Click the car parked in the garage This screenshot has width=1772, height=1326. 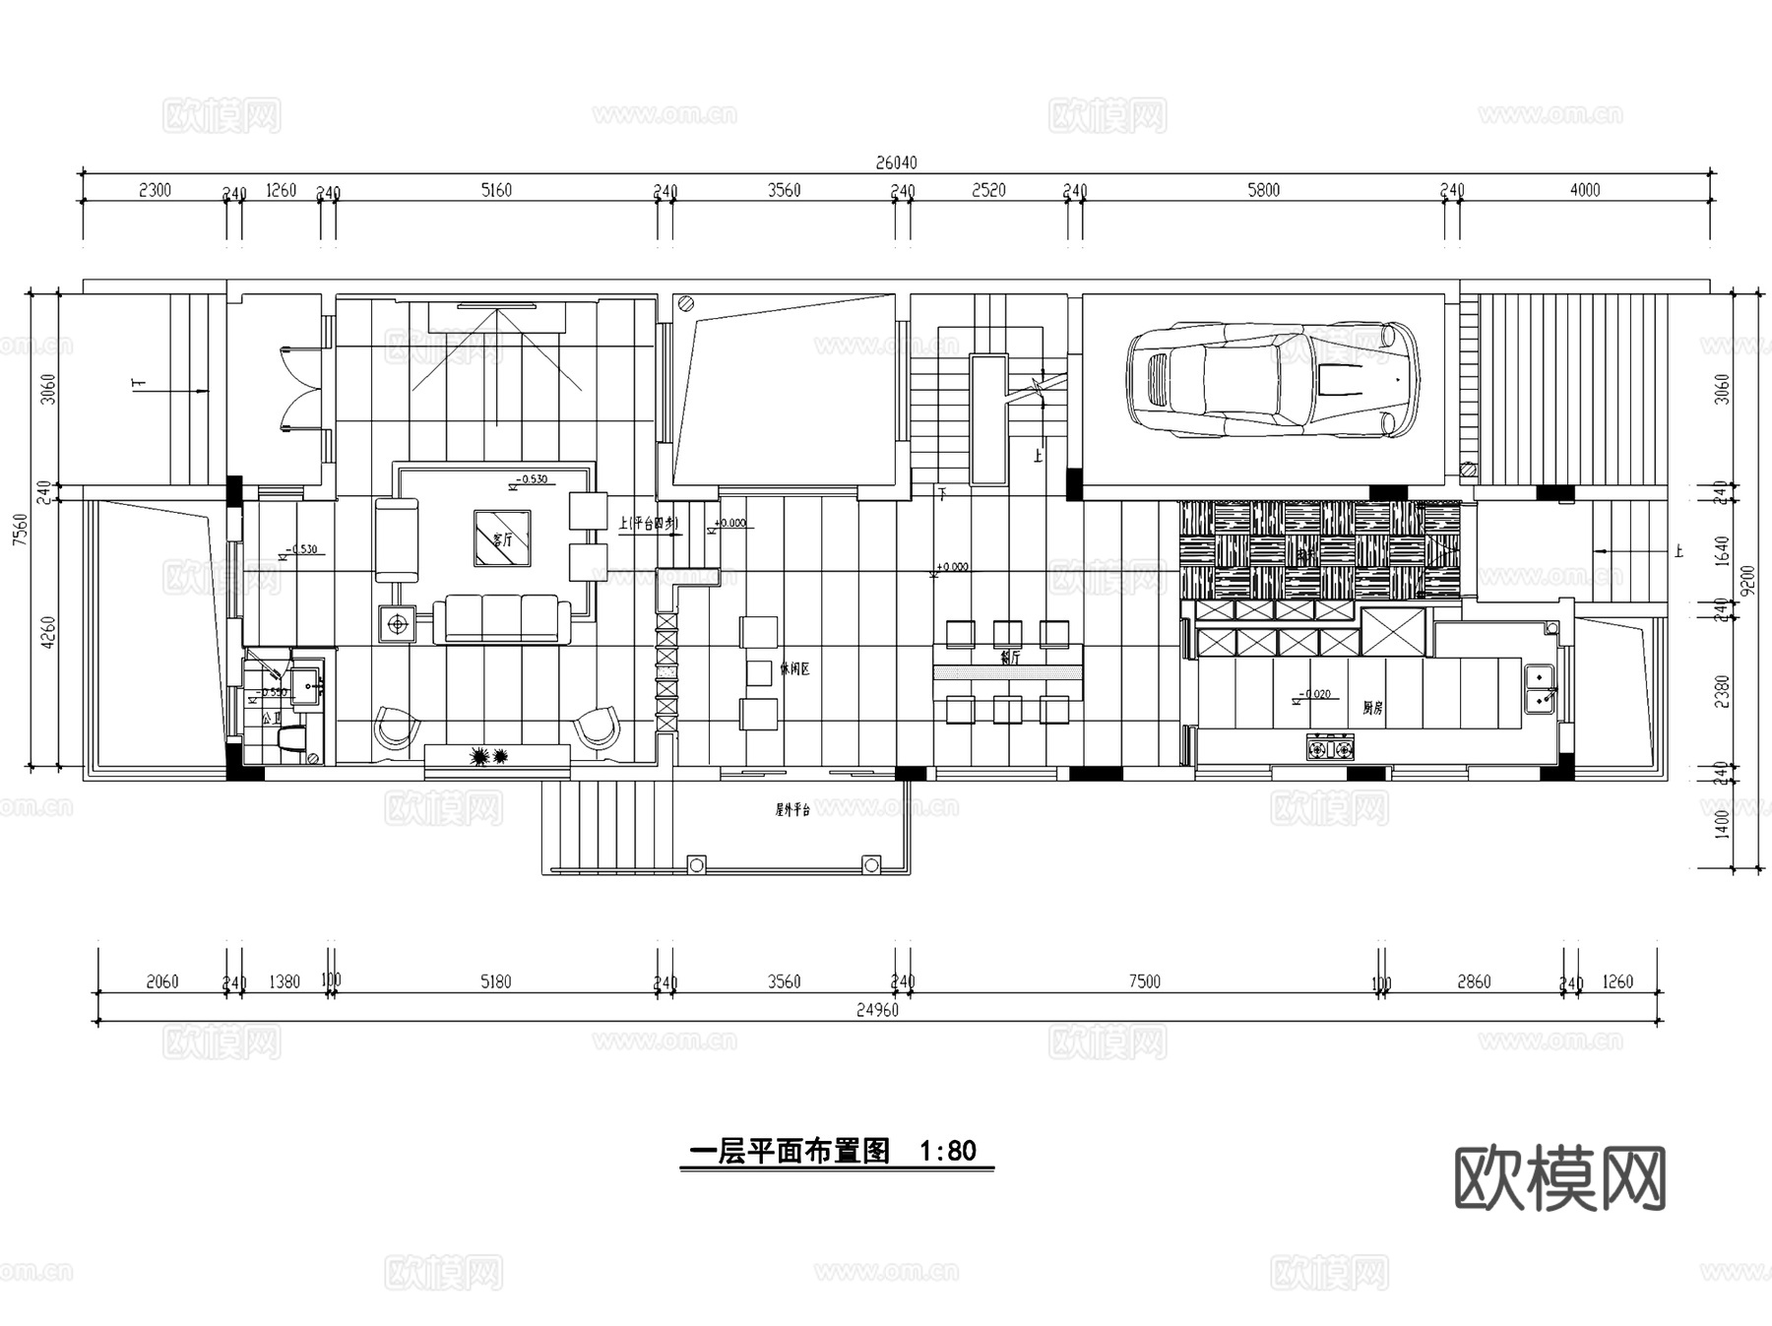coord(1273,379)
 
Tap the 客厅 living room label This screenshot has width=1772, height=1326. coord(502,539)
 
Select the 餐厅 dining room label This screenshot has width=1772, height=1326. coord(1009,657)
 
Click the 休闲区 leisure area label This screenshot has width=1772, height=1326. coord(794,669)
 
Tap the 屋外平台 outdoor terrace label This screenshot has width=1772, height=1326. coord(792,810)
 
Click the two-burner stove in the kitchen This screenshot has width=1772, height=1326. coord(1330,749)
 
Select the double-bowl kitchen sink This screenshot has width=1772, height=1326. coord(1539,688)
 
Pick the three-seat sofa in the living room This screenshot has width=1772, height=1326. coord(502,618)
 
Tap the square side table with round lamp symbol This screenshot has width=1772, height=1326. coord(398,623)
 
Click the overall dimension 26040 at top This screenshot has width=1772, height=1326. coord(896,162)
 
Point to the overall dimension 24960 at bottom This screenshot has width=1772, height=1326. coord(877,1010)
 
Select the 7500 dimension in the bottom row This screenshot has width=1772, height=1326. coord(1144,981)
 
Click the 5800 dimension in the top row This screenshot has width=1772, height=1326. coord(1263,190)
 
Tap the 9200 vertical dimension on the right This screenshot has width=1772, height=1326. coord(1747,581)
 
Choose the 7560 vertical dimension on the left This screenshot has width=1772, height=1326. coord(21,532)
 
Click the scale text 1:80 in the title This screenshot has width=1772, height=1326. coord(947,1151)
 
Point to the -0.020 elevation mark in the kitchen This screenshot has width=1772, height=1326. coord(1316,694)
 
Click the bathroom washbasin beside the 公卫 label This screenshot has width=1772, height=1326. coord(306,683)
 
